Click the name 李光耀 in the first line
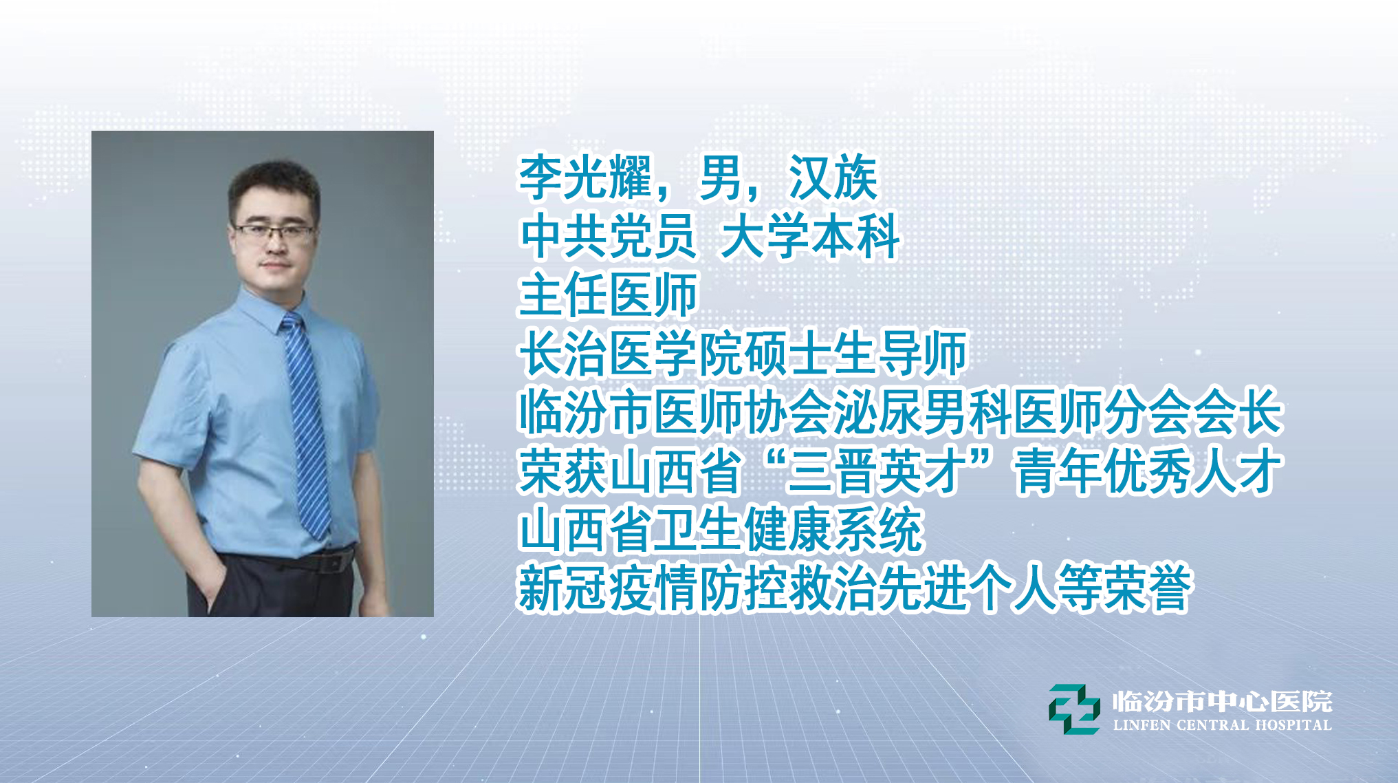585,178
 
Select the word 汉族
833,178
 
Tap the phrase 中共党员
608,237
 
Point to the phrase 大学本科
809,237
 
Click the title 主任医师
608,295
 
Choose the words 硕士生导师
855,354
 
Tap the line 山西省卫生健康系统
720,530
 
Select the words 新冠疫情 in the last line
608,589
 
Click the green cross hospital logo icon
1073,709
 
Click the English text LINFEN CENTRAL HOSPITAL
1222,725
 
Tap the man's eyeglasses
274,232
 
